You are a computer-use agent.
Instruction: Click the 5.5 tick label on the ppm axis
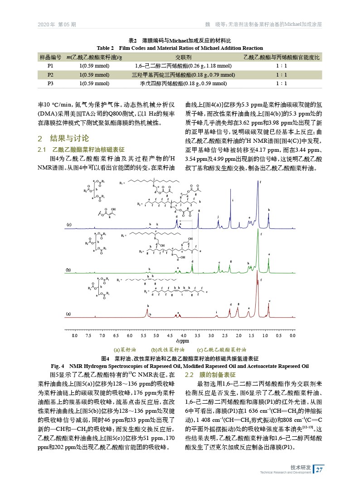[143, 335]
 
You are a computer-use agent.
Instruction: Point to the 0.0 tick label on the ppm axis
[292, 335]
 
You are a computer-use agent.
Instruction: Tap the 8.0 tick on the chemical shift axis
[75, 335]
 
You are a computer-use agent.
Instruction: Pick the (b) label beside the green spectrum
[69, 270]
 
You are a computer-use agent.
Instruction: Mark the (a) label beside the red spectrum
[69, 314]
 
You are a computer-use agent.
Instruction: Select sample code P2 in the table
[50, 75]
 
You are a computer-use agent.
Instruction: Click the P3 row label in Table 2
[50, 83]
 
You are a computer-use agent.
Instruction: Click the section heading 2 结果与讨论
[63, 138]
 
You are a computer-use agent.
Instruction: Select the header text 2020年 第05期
[57, 24]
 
